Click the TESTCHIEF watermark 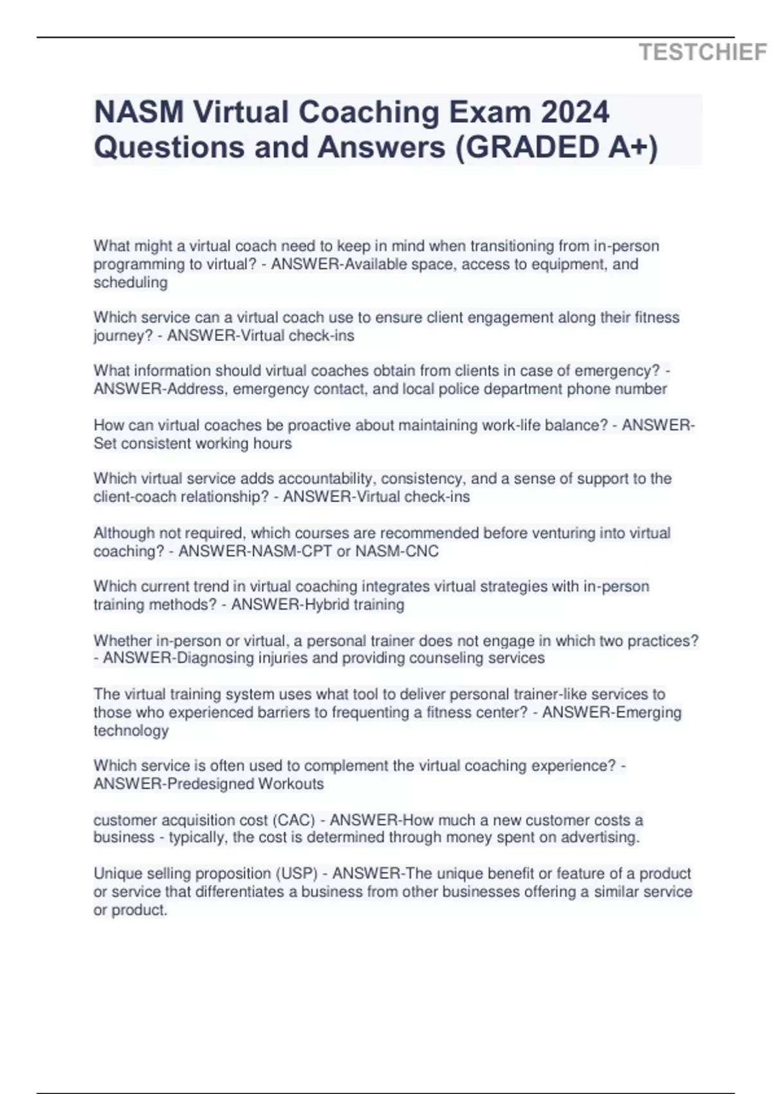pos(703,52)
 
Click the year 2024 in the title pos(574,112)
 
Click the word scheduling pos(131,283)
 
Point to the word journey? pos(123,336)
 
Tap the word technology pos(131,730)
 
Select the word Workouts pos(291,784)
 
